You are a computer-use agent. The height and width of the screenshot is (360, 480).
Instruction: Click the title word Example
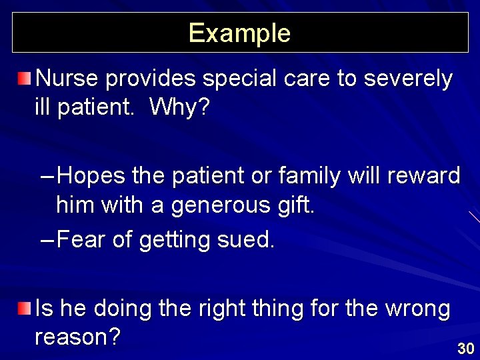[239, 33]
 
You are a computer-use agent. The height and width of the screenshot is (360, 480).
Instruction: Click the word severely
[407, 79]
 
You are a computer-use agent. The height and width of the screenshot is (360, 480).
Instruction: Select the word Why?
[179, 107]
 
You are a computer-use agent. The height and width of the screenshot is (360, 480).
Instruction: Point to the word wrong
[417, 309]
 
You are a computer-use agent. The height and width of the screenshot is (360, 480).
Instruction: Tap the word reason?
[77, 337]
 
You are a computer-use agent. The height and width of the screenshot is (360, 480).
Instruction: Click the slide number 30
[465, 348]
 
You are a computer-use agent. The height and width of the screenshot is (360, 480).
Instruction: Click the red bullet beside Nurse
[24, 80]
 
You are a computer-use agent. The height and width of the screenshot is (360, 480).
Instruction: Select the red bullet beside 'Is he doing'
[24, 308]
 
